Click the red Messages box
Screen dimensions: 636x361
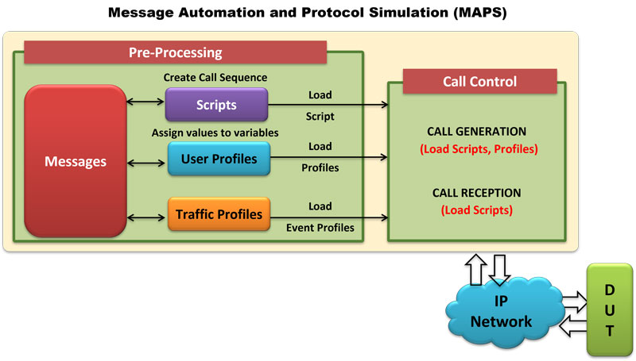[76, 161]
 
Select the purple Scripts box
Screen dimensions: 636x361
[216, 105]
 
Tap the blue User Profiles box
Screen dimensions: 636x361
[219, 159]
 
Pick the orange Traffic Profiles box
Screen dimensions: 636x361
[219, 214]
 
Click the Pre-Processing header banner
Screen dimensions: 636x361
[175, 52]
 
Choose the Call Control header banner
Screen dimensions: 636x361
[480, 82]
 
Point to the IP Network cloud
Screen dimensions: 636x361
[504, 312]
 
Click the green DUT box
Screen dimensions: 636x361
[610, 310]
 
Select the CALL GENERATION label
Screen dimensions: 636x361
[476, 132]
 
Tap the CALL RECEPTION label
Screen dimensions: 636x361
[476, 193]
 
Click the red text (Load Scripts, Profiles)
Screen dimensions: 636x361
[479, 149]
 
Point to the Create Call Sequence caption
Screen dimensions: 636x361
[215, 77]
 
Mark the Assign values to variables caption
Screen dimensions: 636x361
[215, 132]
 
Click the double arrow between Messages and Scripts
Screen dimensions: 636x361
[145, 102]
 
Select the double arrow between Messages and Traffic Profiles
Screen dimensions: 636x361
[146, 217]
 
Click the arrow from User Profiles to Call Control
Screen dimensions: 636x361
[329, 157]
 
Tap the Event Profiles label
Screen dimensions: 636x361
[320, 228]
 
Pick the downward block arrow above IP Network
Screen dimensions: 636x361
[499, 270]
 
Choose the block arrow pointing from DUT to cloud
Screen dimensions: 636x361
[573, 326]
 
